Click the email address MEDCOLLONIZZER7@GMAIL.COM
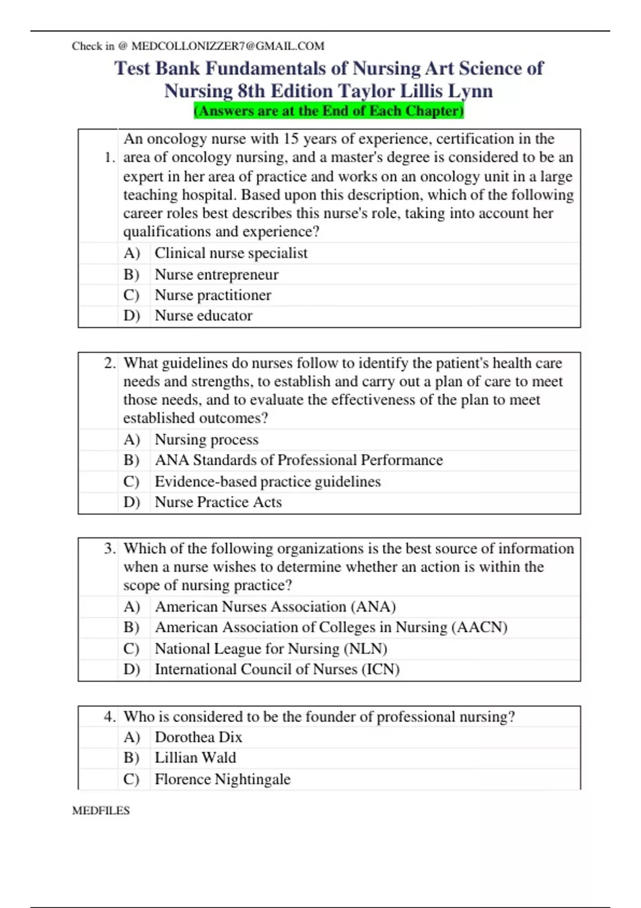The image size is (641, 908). [x=228, y=46]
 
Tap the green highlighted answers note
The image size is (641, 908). [x=329, y=111]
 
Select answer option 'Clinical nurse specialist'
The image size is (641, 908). [x=231, y=253]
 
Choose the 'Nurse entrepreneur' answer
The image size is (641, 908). [x=216, y=275]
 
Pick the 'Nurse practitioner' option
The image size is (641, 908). [x=213, y=295]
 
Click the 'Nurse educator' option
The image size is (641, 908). [x=204, y=316]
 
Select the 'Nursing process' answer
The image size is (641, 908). [x=206, y=440]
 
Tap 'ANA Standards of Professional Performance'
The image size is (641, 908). [x=299, y=460]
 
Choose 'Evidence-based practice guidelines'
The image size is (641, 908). [x=268, y=482]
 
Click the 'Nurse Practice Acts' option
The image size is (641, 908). [x=218, y=502]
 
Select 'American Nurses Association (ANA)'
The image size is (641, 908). [x=275, y=607]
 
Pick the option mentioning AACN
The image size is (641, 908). [x=331, y=627]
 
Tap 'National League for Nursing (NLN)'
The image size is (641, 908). [x=271, y=648]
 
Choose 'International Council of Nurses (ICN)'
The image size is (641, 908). [x=277, y=669]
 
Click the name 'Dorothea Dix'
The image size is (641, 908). [x=198, y=737]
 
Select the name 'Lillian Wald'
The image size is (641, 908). [x=195, y=758]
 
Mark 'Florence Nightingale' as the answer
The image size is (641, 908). [x=222, y=779]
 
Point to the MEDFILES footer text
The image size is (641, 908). [x=101, y=810]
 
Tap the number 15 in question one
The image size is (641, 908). [x=291, y=139]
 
